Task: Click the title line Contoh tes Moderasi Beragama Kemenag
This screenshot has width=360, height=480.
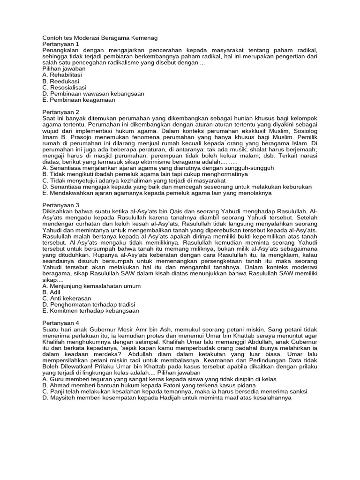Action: point(100,37)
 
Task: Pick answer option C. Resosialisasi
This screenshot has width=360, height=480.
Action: point(64,87)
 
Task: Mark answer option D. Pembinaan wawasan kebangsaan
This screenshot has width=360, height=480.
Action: point(93,94)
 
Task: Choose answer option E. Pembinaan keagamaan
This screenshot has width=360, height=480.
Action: point(78,100)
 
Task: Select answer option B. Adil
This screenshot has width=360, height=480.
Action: point(51,292)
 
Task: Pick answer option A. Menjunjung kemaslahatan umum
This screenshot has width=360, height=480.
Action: point(91,285)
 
